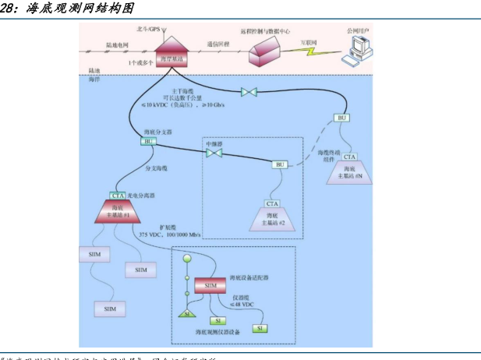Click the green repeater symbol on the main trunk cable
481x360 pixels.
(250, 93)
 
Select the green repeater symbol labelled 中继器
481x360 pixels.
(214, 153)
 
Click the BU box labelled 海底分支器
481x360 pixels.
(148, 142)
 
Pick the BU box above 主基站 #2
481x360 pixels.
(280, 164)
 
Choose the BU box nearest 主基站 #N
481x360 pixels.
(341, 118)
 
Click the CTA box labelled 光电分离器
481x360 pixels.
(118, 196)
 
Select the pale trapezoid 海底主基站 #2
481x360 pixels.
(272, 219)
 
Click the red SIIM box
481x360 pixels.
(210, 286)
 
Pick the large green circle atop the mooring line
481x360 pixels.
(186, 258)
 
